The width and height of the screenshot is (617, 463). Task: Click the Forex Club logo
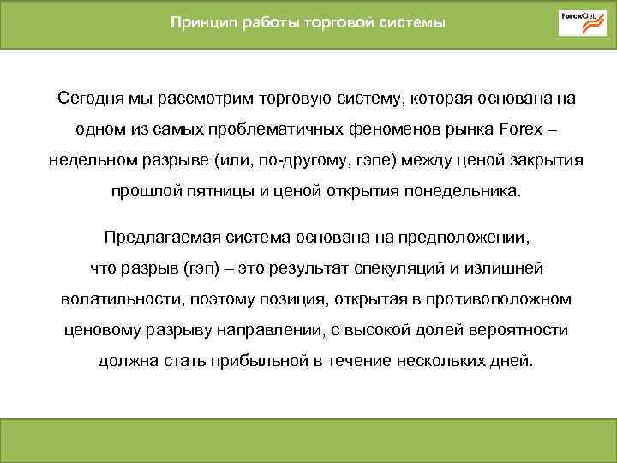coord(582,22)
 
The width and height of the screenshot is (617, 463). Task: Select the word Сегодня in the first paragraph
coord(87,99)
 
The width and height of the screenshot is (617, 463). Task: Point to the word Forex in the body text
coord(519,129)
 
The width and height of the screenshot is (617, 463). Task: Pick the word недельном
coord(87,160)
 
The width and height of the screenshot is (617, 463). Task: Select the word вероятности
coord(508,329)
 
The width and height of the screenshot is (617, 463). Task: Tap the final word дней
coord(513,360)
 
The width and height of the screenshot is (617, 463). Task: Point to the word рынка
coord(470,129)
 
